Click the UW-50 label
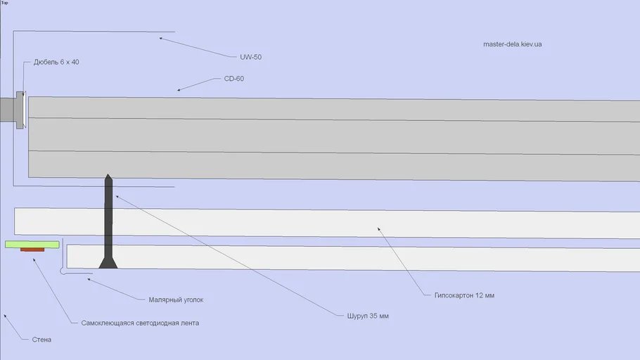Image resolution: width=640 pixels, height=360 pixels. click(250, 57)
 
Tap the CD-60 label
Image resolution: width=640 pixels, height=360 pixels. click(233, 79)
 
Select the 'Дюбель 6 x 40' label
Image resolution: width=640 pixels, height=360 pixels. click(56, 62)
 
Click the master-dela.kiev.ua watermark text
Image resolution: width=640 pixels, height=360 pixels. click(512, 44)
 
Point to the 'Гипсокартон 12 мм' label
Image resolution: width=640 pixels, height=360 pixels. click(459, 295)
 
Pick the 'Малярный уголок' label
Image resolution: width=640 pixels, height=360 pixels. click(176, 300)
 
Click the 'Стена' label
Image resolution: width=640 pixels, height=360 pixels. click(41, 340)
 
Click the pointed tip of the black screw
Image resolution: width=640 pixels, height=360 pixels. click(108, 176)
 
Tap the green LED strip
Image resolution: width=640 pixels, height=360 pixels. click(32, 244)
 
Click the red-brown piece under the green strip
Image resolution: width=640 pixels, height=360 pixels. click(32, 250)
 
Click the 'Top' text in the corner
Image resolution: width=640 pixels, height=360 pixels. click(4, 3)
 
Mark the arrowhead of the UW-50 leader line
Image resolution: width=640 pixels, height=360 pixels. click(159, 38)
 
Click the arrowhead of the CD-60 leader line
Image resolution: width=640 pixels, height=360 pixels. click(179, 90)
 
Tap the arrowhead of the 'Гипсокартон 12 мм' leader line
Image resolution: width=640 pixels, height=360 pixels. click(378, 228)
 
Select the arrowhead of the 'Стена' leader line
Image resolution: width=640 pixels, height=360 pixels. click(5, 316)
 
